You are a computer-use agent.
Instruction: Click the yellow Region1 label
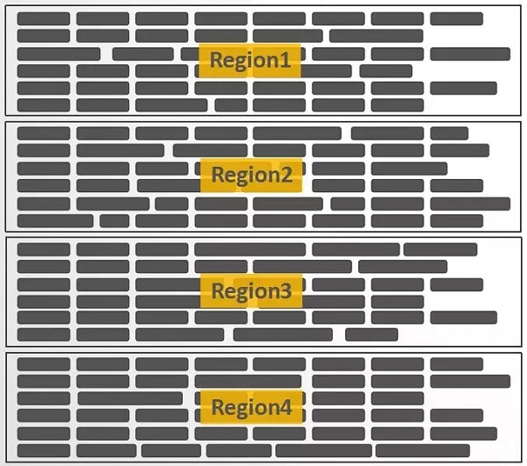point(249,61)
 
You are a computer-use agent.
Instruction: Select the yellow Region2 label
point(251,175)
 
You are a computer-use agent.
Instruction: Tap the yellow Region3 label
point(251,290)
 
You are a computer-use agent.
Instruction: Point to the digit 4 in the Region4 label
point(285,406)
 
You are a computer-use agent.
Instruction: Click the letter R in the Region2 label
point(217,175)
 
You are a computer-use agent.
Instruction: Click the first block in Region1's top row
point(44,18)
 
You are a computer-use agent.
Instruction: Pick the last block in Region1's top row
point(457,18)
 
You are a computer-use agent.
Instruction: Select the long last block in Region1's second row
point(376,36)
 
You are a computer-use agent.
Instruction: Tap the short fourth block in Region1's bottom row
point(231,105)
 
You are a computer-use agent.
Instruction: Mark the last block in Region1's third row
point(470,54)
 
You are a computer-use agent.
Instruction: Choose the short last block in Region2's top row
point(449,133)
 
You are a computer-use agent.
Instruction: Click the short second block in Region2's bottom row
point(114,221)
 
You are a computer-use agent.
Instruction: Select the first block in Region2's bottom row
point(55,221)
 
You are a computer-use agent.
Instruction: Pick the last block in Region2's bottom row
point(457,221)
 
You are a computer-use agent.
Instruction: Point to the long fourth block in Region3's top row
point(250,249)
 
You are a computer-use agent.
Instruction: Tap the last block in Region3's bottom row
point(372,334)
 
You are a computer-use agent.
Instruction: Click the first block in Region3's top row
point(44,249)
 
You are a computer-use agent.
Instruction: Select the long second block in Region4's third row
point(130,398)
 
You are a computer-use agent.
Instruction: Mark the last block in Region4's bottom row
point(422,450)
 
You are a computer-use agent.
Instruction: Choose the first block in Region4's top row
point(44,364)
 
